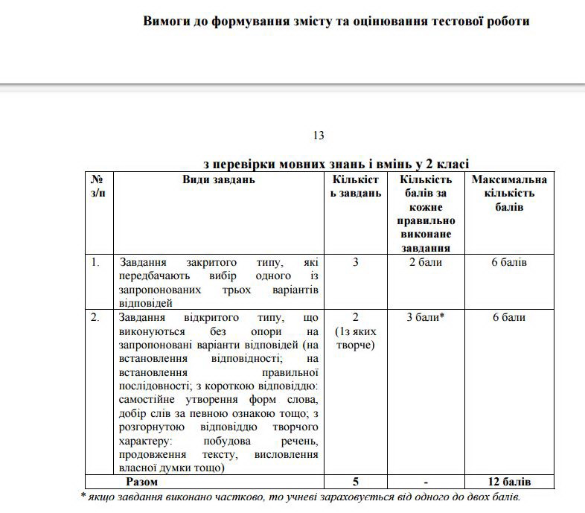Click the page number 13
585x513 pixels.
[319, 136]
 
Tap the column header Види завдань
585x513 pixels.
[219, 179]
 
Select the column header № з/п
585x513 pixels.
[97, 186]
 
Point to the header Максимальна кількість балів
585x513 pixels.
[509, 193]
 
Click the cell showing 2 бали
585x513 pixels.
[426, 263]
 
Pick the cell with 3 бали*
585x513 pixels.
[426, 318]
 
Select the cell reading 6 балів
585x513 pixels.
[509, 263]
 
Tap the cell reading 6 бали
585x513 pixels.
[509, 318]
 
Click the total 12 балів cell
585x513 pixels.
[509, 482]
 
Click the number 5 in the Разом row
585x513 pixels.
[356, 482]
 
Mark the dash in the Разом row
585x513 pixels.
[426, 482]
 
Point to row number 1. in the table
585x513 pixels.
[95, 263]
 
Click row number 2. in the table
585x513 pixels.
[95, 318]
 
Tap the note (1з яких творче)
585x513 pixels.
[356, 338]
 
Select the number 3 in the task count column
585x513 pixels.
[356, 263]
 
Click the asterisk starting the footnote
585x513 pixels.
[83, 496]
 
